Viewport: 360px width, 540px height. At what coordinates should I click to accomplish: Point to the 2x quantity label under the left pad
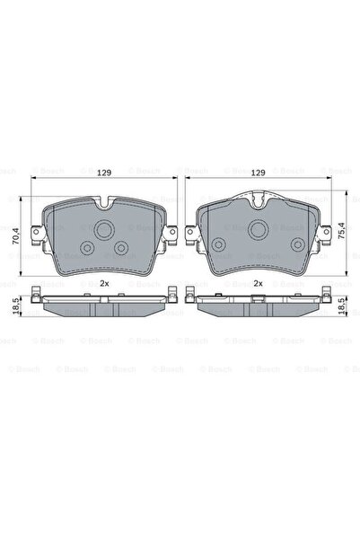click(x=104, y=283)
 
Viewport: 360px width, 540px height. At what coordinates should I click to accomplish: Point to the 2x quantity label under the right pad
click(x=257, y=283)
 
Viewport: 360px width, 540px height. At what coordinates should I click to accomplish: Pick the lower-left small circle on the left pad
click(x=87, y=249)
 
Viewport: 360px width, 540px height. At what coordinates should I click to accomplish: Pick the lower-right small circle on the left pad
click(x=121, y=249)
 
